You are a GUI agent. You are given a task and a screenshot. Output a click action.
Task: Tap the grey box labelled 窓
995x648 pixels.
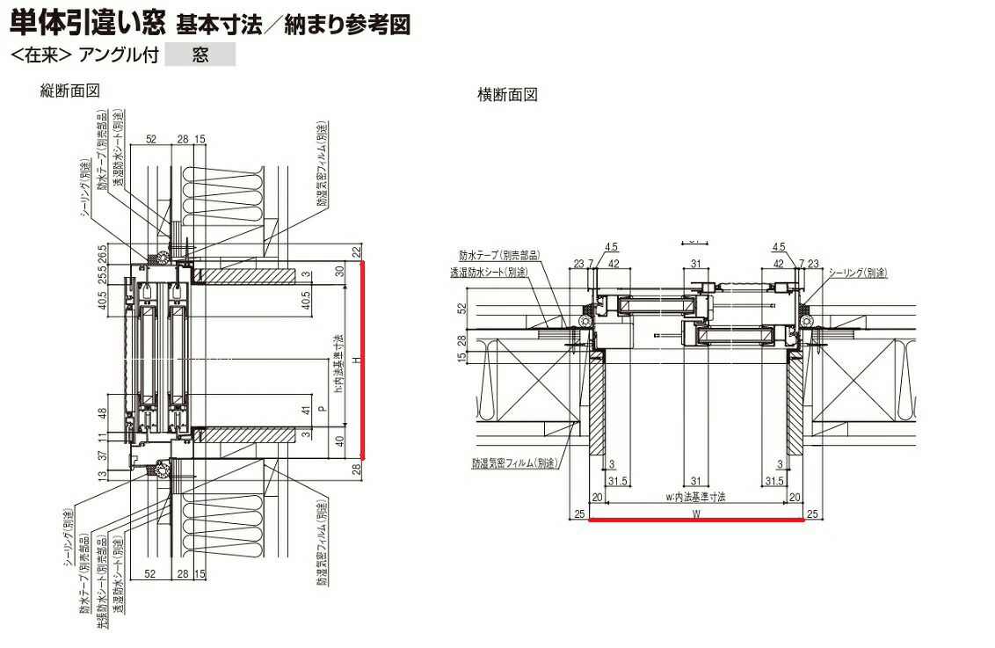(200, 55)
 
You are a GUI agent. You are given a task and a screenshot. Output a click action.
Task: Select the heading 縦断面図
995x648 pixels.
(69, 91)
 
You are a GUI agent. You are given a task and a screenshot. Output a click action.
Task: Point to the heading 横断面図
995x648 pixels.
(507, 95)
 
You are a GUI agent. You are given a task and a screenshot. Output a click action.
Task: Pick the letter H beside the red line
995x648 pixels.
(351, 360)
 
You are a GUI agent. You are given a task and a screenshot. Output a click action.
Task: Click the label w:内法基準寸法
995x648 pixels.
(695, 497)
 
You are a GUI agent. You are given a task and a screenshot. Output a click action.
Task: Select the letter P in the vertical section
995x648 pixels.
(322, 409)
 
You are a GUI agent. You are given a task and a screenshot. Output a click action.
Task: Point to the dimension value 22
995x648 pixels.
(358, 251)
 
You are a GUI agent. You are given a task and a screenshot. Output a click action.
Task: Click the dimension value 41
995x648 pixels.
(305, 409)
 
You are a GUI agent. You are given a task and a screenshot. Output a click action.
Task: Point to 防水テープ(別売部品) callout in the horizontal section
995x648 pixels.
(499, 255)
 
